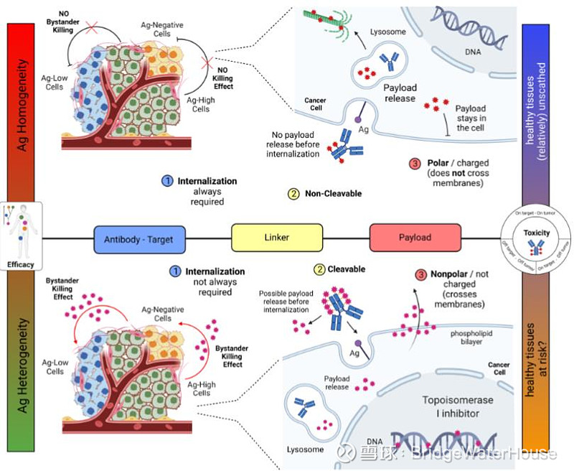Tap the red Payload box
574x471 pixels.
point(415,238)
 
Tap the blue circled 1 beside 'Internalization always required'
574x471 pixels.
point(166,182)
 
